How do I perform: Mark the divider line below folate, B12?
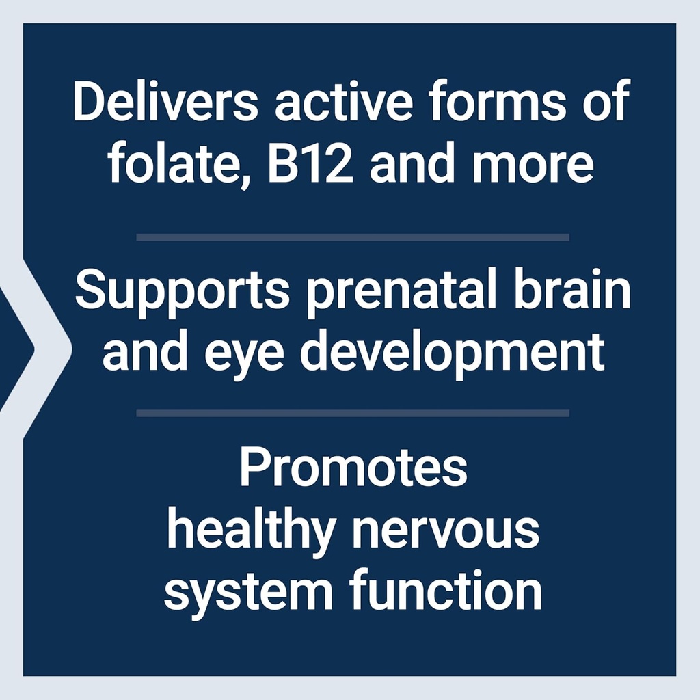pos(353,237)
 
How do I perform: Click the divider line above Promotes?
pos(353,413)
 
